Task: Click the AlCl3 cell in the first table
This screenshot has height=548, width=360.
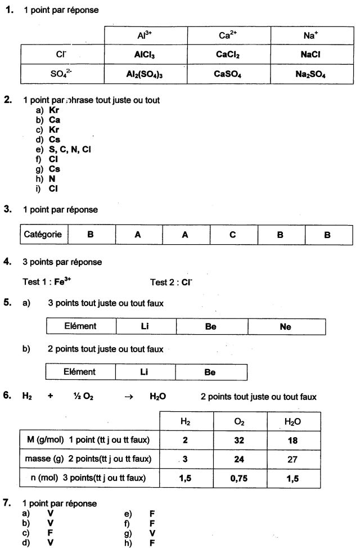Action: (145, 55)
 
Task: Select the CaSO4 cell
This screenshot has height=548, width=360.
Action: (228, 74)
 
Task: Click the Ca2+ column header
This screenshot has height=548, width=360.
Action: (228, 35)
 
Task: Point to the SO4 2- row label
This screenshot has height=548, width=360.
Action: (61, 74)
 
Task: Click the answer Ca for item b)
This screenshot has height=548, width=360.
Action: (55, 120)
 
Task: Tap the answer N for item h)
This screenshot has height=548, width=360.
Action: (52, 179)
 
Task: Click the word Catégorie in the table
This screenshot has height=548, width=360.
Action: (43, 235)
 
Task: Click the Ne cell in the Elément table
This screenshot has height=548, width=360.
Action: (286, 326)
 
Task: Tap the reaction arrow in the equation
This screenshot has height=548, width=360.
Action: (128, 397)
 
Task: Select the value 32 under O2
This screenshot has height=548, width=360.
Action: (239, 441)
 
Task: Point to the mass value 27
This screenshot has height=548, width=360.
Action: (292, 460)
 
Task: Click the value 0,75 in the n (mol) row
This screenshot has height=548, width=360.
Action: (239, 479)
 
